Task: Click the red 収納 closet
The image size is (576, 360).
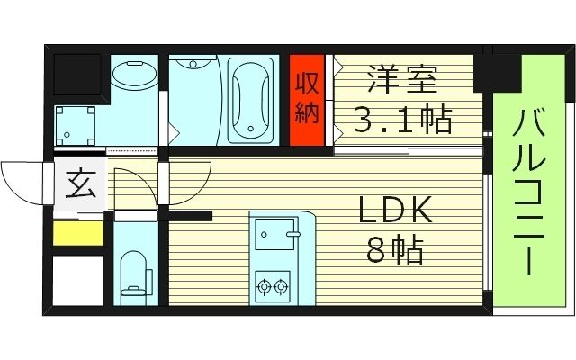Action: pos(306,100)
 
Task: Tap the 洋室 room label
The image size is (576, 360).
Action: pos(401,80)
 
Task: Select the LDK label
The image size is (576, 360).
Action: pos(396,211)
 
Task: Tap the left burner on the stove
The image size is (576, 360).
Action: pos(265,288)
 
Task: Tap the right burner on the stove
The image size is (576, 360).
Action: pos(282,288)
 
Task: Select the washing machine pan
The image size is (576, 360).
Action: pos(76,126)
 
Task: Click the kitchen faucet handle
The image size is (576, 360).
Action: pos(292,235)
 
